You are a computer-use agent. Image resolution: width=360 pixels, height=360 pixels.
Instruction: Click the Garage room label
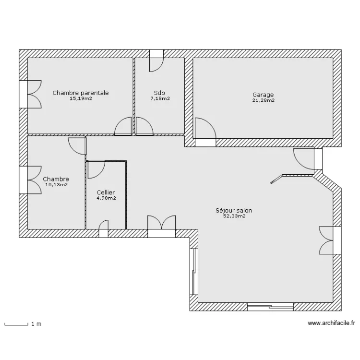pyautogui.click(x=263, y=95)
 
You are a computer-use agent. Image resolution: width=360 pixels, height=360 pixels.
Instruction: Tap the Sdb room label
pyautogui.click(x=159, y=93)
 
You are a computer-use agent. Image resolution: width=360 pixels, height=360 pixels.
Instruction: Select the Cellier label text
pyautogui.click(x=106, y=192)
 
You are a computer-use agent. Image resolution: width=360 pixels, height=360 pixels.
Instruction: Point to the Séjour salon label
pyautogui.click(x=234, y=210)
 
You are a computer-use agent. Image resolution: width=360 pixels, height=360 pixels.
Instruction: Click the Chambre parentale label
pyautogui.click(x=81, y=93)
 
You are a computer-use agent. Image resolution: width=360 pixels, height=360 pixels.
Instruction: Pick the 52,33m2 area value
pyautogui.click(x=234, y=216)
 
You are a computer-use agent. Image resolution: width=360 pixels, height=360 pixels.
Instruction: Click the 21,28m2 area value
pyautogui.click(x=264, y=100)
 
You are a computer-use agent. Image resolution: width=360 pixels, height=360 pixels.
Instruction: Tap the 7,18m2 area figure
pyautogui.click(x=160, y=99)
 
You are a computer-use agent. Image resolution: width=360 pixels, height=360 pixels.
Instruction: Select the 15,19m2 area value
pyautogui.click(x=81, y=99)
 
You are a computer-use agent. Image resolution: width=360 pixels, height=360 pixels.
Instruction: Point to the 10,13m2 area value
pyautogui.click(x=57, y=185)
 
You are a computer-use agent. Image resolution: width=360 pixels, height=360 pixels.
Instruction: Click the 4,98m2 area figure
pyautogui.click(x=106, y=198)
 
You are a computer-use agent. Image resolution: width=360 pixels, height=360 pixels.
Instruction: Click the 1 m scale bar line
pyautogui.click(x=16, y=324)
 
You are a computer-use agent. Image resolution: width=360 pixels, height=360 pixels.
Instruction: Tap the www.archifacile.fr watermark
pyautogui.click(x=331, y=323)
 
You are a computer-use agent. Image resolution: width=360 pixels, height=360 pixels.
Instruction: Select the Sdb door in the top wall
pyautogui.click(x=156, y=60)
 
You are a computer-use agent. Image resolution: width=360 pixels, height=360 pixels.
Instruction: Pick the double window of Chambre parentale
pyautogui.click(x=30, y=94)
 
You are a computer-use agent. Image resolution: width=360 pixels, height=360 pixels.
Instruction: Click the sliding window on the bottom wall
pyautogui.click(x=270, y=307)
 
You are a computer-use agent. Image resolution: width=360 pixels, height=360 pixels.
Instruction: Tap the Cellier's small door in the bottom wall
pyautogui.click(x=103, y=228)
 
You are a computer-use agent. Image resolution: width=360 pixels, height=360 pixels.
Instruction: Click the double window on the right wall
pyautogui.click(x=330, y=240)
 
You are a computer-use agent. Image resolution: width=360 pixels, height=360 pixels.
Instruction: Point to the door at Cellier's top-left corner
pyautogui.click(x=96, y=169)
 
